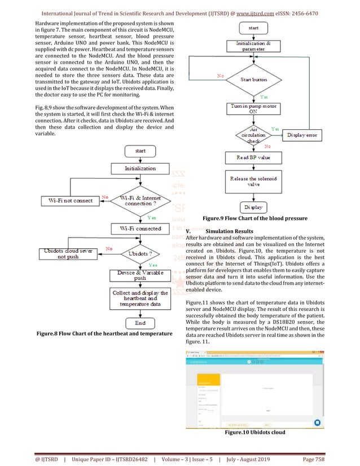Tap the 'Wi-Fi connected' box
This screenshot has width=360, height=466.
(x=140, y=229)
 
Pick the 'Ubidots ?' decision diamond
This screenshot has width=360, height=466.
(x=140, y=253)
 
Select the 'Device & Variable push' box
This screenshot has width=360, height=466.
(x=140, y=275)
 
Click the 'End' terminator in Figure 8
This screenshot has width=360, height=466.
(x=140, y=323)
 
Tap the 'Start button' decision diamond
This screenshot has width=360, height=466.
(x=253, y=80)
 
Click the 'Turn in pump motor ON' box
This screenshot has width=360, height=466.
(x=253, y=108)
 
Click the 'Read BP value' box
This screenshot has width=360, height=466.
(x=253, y=158)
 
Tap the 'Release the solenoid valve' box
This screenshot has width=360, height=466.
(x=253, y=182)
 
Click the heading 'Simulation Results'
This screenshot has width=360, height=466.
(x=230, y=231)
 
